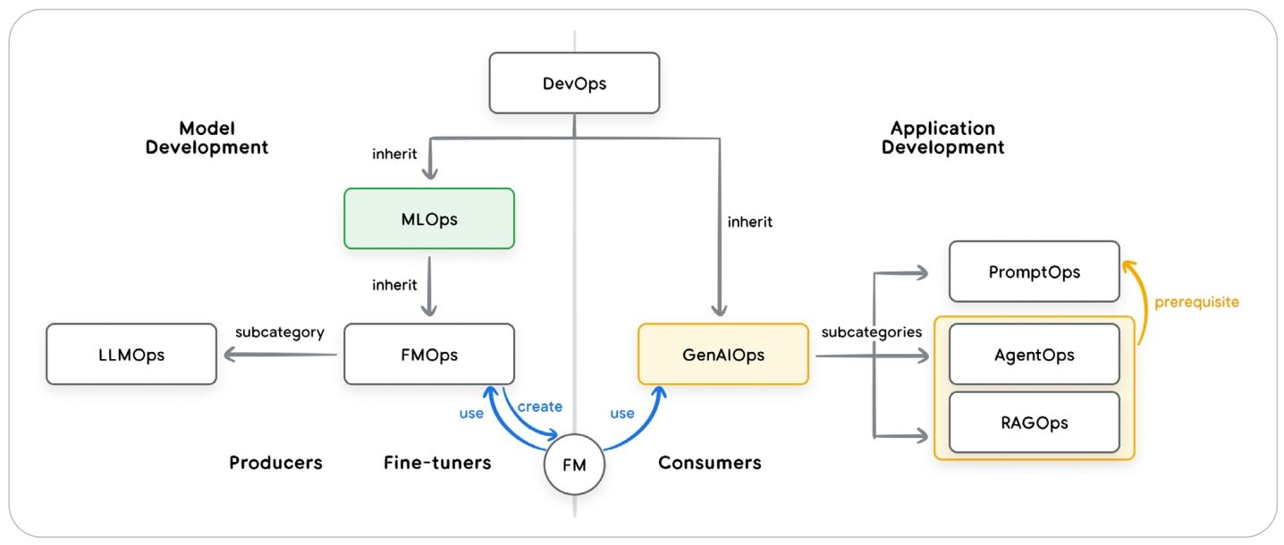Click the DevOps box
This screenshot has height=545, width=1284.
574,83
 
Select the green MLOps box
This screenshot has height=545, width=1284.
428,218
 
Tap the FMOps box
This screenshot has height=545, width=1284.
428,355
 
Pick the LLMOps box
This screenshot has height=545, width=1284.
131,355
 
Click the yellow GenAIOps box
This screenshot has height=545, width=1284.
722,355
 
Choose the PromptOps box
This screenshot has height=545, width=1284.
1034,272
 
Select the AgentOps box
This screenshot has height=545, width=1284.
1034,355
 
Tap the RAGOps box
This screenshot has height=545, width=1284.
1034,422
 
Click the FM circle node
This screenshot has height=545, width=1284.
574,465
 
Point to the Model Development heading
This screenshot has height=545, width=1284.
207,138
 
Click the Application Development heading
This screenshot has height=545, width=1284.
942,138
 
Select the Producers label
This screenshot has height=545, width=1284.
275,463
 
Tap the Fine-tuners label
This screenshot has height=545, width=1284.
437,463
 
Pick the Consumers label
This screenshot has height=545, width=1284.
709,463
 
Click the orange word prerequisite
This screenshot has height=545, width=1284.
1196,302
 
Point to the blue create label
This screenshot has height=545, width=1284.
540,407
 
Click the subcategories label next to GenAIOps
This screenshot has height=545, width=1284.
871,332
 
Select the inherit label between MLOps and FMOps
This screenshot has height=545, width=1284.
394,285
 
